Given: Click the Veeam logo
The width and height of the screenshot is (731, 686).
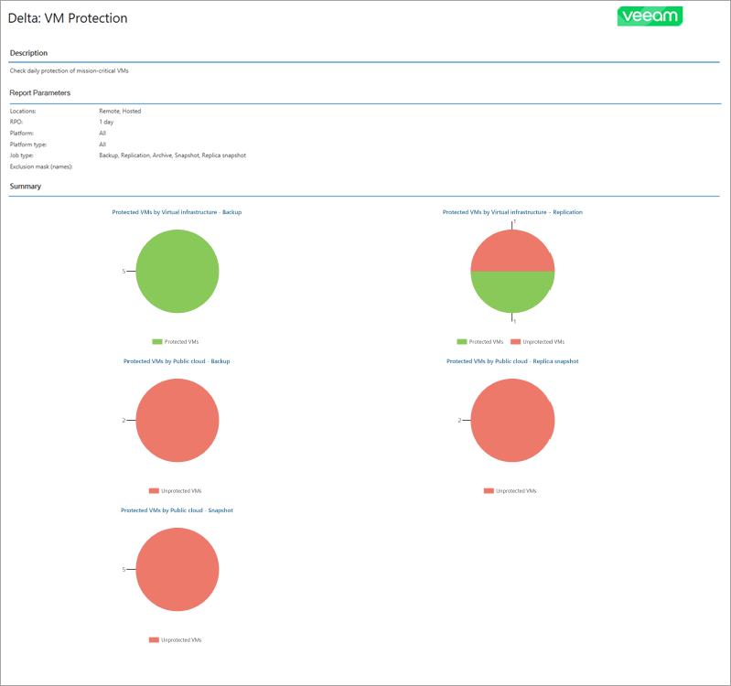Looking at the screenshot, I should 650,16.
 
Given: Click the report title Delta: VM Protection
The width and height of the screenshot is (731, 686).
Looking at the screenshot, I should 69,18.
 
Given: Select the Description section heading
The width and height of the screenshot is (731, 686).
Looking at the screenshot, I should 28,53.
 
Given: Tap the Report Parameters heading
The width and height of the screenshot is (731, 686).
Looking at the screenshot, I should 40,92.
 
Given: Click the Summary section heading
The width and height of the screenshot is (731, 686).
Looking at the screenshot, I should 25,187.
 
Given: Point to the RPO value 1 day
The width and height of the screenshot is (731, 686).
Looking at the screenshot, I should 108,122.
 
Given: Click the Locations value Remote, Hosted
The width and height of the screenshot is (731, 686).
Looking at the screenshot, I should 120,111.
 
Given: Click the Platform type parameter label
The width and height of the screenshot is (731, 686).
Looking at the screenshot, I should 28,145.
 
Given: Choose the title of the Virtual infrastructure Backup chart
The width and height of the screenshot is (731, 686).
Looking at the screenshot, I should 177,212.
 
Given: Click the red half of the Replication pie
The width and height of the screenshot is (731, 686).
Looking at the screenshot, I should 512,251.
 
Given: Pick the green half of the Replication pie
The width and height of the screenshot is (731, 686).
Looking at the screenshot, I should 512,293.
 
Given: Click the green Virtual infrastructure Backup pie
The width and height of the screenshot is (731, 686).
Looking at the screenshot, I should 177,272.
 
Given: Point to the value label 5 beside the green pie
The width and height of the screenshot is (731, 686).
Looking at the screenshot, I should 124,272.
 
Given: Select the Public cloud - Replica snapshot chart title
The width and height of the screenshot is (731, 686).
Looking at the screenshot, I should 512,361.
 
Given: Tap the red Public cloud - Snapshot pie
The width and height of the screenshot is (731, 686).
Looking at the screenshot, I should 177,569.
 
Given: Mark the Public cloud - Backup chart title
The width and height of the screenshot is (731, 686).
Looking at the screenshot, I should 177,361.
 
